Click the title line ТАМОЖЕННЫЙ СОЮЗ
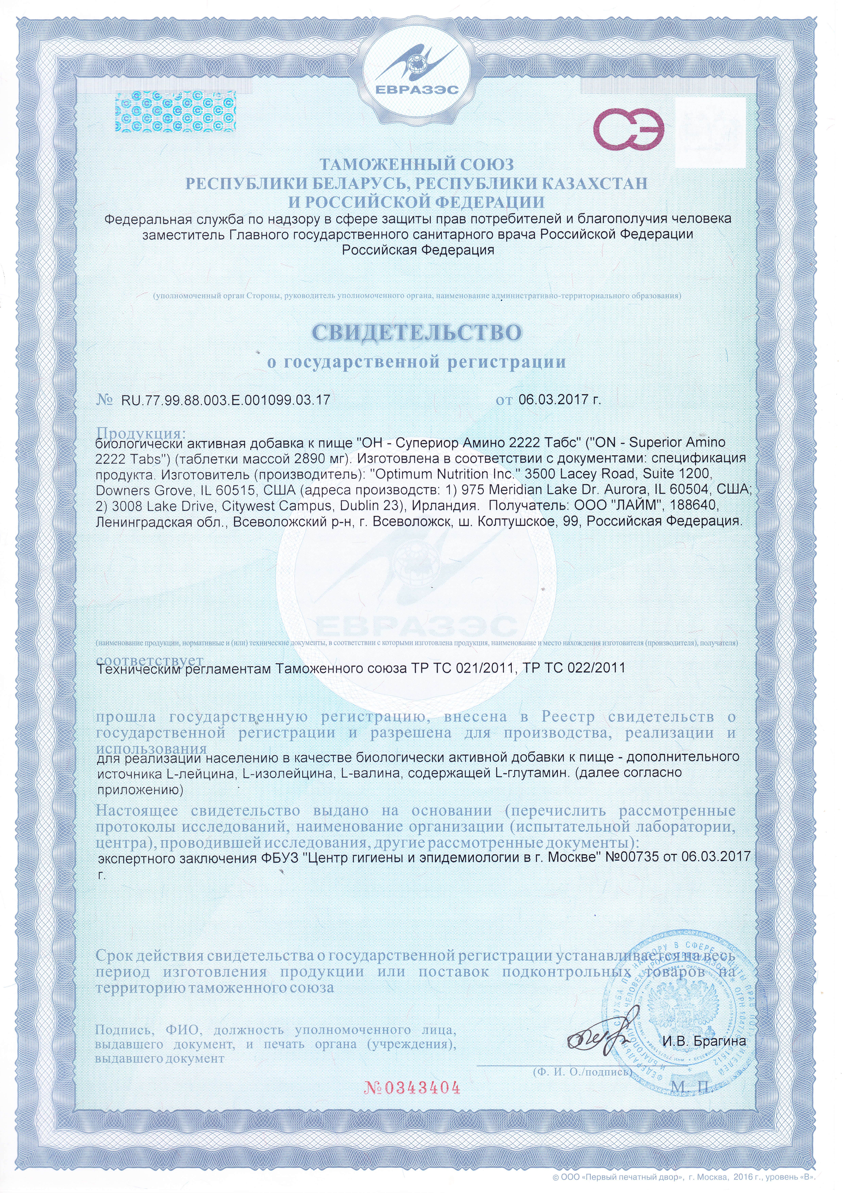point(417,165)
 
